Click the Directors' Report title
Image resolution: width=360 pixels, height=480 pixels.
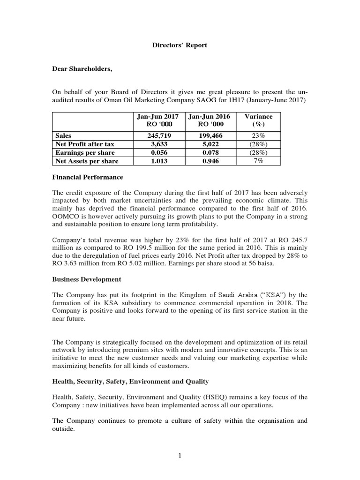[180, 45]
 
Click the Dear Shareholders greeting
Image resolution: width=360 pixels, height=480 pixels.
[82, 69]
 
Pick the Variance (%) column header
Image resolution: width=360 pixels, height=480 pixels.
[258, 120]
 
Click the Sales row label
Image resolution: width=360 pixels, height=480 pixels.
[64, 135]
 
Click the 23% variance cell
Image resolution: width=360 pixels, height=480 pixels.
[258, 135]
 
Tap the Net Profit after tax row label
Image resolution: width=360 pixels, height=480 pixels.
[85, 144]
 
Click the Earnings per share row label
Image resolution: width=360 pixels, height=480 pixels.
[84, 152]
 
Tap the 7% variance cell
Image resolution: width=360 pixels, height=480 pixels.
[258, 161]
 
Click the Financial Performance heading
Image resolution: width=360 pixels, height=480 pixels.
[87, 177]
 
